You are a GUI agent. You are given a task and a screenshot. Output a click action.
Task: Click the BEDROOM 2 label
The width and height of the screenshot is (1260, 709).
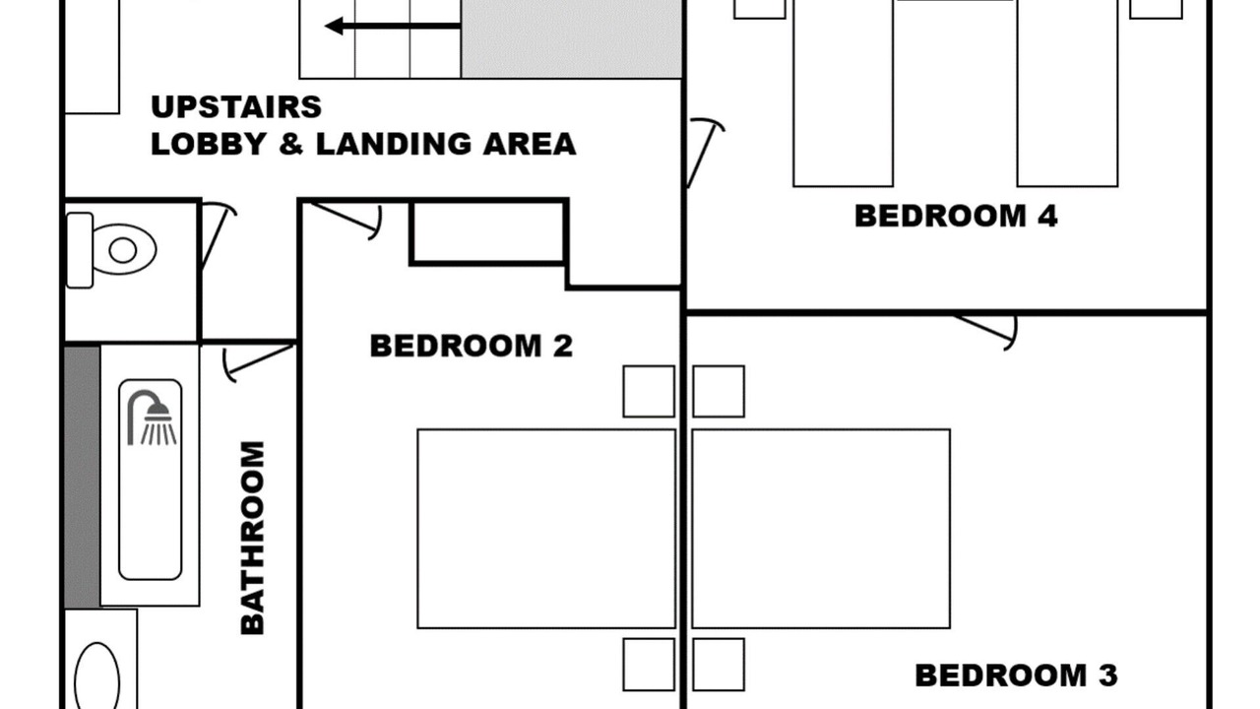point(472,346)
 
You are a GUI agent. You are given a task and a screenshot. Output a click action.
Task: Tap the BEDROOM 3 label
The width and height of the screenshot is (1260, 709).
point(1017,676)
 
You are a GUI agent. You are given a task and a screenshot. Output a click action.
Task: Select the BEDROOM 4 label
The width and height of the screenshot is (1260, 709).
point(956,216)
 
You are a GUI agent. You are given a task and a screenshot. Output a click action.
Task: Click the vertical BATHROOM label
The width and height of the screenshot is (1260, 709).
point(253,538)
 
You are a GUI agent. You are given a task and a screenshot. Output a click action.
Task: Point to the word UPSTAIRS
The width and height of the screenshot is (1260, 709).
point(236,107)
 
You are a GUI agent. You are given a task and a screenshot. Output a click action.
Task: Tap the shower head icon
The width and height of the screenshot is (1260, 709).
point(152,418)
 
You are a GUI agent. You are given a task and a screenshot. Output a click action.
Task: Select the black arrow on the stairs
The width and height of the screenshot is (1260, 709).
point(393,26)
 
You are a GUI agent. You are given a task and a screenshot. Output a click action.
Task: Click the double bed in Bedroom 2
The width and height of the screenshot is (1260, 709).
point(546,529)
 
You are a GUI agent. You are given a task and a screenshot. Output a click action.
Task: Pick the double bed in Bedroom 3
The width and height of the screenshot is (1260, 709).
point(821,529)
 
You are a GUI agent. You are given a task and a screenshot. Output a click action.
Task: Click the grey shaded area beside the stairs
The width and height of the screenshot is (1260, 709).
point(572,38)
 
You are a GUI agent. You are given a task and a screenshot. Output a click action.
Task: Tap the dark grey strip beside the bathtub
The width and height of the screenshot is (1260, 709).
point(82,477)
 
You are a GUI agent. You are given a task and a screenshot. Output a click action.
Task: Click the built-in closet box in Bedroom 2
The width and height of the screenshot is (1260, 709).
point(488,232)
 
